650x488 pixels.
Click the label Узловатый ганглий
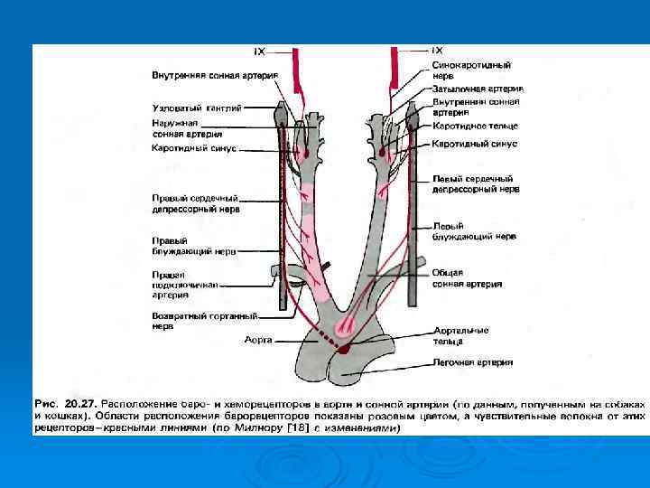[x=197, y=108]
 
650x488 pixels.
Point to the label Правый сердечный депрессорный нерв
[x=195, y=202]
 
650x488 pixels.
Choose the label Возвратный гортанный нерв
[x=204, y=321]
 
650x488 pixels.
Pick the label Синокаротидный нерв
[x=471, y=70]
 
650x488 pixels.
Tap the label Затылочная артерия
[x=478, y=89]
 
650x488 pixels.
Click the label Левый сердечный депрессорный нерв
[x=476, y=184]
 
